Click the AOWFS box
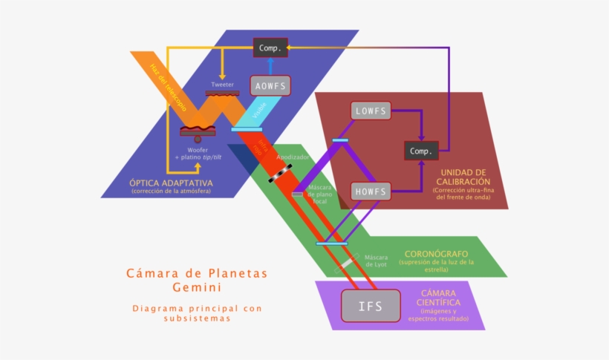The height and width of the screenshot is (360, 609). click(270, 85)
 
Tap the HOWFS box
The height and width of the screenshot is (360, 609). click(371, 192)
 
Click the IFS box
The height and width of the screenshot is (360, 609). click(371, 306)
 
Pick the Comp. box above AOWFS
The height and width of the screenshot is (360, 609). click(269, 48)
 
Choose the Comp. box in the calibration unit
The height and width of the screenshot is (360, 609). click(422, 151)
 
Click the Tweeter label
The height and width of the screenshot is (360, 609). click(222, 85)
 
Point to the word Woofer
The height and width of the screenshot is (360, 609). click(198, 150)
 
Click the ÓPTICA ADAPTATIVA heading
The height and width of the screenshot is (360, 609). click(171, 183)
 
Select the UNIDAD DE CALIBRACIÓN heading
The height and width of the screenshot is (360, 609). click(460, 177)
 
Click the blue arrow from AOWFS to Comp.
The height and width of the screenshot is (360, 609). click(270, 65)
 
